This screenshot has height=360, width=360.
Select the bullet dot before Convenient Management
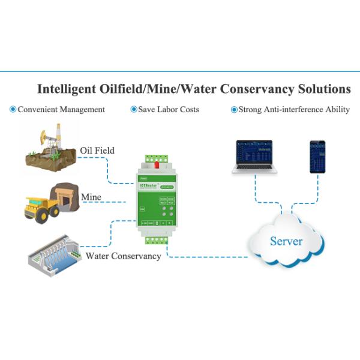(13, 110)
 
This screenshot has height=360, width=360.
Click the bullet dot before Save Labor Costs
(133, 110)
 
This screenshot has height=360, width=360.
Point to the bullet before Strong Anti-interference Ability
(234, 110)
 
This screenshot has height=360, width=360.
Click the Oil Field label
(97, 150)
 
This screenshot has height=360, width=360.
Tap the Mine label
(91, 197)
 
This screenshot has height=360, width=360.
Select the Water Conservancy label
(123, 256)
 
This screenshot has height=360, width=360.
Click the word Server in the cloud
(286, 242)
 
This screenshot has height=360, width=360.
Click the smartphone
(317, 157)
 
